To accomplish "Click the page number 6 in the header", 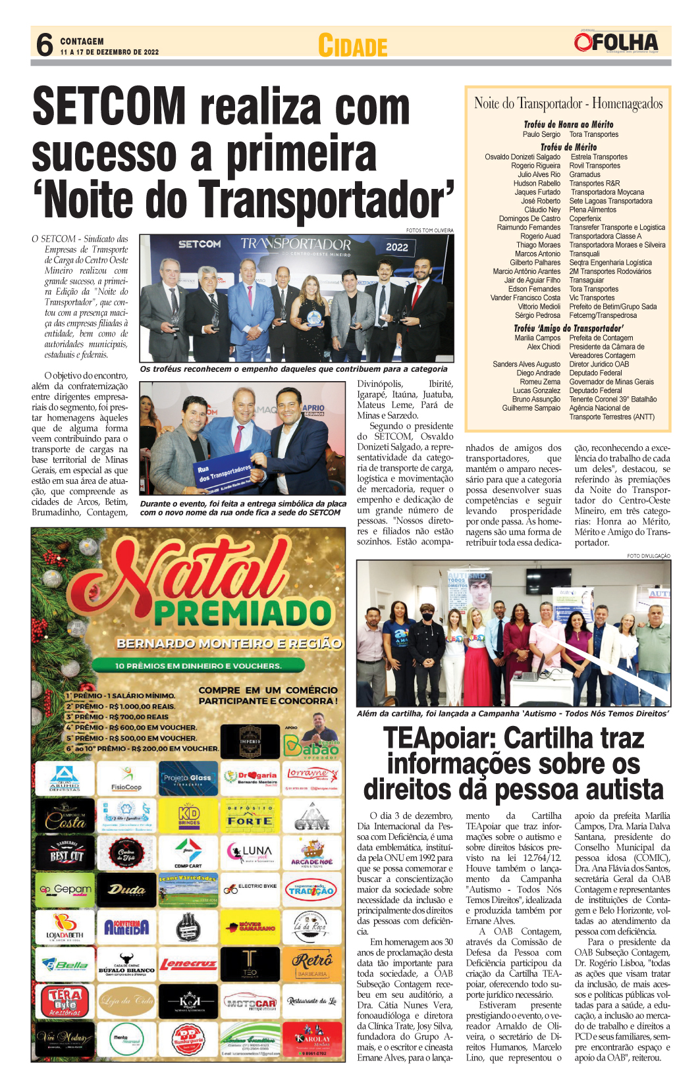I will click(x=45, y=44).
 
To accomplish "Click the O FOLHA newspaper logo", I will click(x=616, y=43).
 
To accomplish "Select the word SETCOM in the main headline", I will click(x=109, y=107).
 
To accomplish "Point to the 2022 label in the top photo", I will click(x=396, y=247).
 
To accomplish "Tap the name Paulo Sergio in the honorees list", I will click(x=541, y=134).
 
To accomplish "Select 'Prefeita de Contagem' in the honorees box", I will click(x=601, y=338).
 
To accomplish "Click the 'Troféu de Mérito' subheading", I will click(x=568, y=147).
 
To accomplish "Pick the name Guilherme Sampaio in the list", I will click(x=531, y=408).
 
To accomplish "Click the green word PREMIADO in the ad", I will click(x=242, y=613).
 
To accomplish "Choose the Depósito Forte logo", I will click(x=250, y=816).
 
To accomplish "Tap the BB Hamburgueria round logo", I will click(x=188, y=1040).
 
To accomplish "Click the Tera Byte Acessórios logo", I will click(x=65, y=1002).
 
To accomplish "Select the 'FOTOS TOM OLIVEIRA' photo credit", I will click(x=429, y=230).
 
